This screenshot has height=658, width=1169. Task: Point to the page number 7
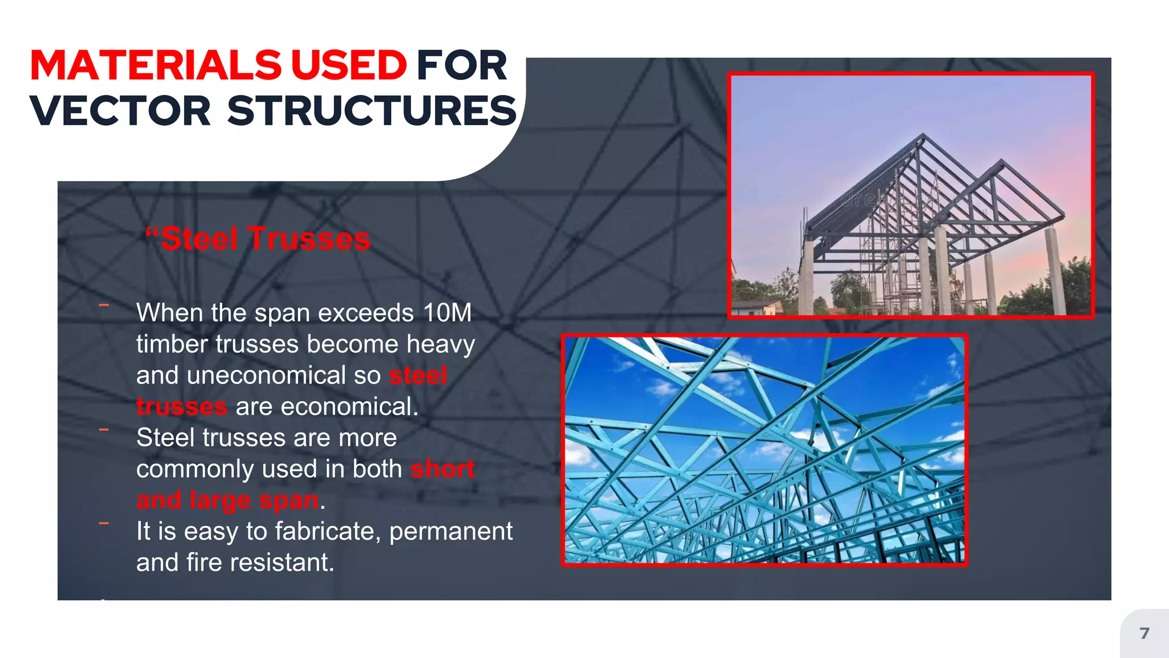(1144, 633)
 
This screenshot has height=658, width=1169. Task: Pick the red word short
(442, 469)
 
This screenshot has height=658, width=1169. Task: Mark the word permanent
(451, 531)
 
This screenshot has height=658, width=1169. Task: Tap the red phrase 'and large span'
(227, 500)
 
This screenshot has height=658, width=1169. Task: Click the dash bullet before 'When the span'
(104, 306)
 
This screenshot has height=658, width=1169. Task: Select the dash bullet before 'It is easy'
(104, 523)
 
